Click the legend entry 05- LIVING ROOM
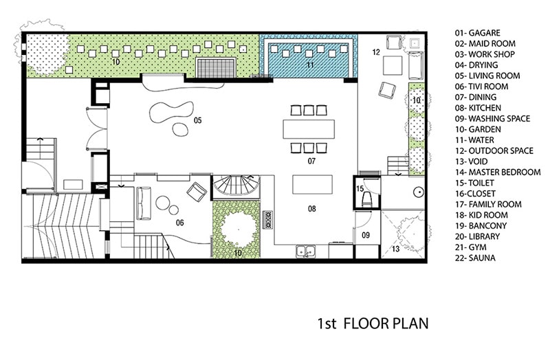pos(487,76)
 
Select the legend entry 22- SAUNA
pos(475,258)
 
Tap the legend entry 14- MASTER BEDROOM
pos(498,172)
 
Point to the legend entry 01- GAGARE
pos(477,33)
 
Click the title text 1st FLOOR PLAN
pos(373,323)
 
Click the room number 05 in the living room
pos(198,121)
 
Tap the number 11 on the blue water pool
pos(310,65)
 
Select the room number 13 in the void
pos(396,249)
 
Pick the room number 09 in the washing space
pos(366,235)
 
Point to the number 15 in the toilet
pos(360,189)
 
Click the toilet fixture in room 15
pos(367,200)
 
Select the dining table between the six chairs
pos(309,129)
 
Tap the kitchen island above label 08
pos(313,184)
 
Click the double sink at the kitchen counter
pos(305,251)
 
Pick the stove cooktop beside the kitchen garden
pos(268,220)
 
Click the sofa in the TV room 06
pos(144,203)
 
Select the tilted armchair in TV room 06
pos(197,192)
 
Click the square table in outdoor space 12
pos(393,65)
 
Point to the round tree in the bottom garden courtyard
pos(238,229)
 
